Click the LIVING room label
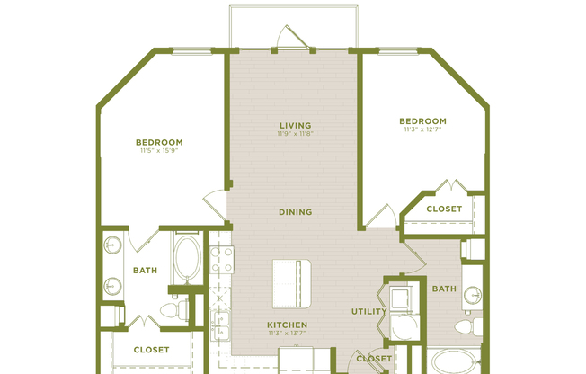(x=295, y=125)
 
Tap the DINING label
(x=295, y=212)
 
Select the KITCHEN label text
(x=288, y=325)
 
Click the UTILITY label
(x=368, y=312)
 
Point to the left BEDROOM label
(x=159, y=142)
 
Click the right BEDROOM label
(x=423, y=120)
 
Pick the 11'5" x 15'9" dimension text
(x=159, y=151)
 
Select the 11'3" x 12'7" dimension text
(x=423, y=129)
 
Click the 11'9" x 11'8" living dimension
(x=295, y=134)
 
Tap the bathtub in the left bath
(x=187, y=258)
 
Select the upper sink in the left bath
(x=112, y=245)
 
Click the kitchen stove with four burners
(x=221, y=259)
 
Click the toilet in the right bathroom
(x=465, y=326)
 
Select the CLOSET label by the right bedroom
(x=444, y=209)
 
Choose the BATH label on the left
(x=145, y=270)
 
